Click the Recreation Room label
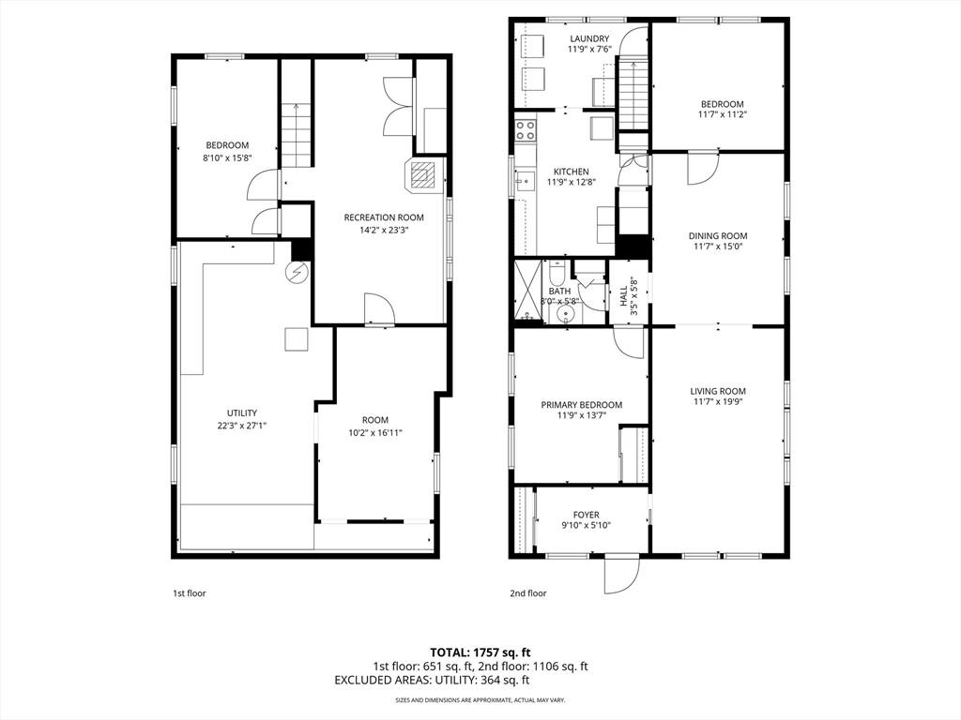384,217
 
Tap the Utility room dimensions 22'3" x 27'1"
241,425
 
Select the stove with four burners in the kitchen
526,129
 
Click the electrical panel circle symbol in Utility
298,272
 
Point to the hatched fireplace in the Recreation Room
422,175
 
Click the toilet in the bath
557,271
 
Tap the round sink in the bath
563,314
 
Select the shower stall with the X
528,292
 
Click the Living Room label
718,391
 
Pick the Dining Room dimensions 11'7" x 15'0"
718,247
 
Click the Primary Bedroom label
581,405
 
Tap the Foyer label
586,515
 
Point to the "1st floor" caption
190,593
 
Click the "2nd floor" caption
527,593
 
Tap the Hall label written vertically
623,293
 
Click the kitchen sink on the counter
525,181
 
